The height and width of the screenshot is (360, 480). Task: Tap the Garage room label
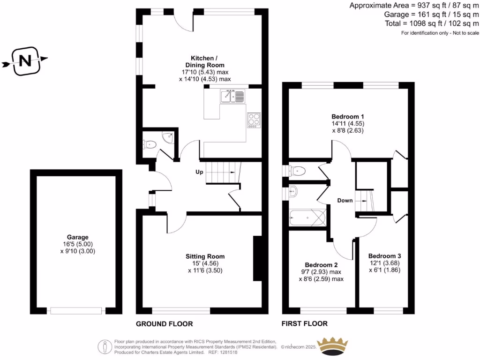77,237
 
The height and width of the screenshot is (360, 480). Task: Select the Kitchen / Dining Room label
205,61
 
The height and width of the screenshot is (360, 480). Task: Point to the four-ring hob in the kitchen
254,120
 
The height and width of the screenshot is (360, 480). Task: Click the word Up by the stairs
199,172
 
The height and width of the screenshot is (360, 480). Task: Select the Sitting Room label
205,256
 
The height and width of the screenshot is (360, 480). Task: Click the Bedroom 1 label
348,116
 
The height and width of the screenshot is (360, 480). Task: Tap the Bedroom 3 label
384,256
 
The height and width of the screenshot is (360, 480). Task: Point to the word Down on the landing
345,201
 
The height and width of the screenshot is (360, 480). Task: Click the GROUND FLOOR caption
164,324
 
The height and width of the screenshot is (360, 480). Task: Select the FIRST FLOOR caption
304,324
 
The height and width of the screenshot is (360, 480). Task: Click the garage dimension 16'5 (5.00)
77,244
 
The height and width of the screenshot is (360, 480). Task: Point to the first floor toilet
297,171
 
